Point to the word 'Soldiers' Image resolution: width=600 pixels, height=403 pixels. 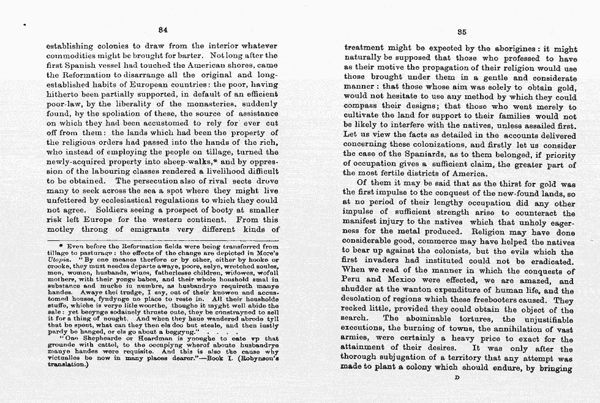coord(119,209)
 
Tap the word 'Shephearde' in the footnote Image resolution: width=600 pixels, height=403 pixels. coord(107,339)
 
